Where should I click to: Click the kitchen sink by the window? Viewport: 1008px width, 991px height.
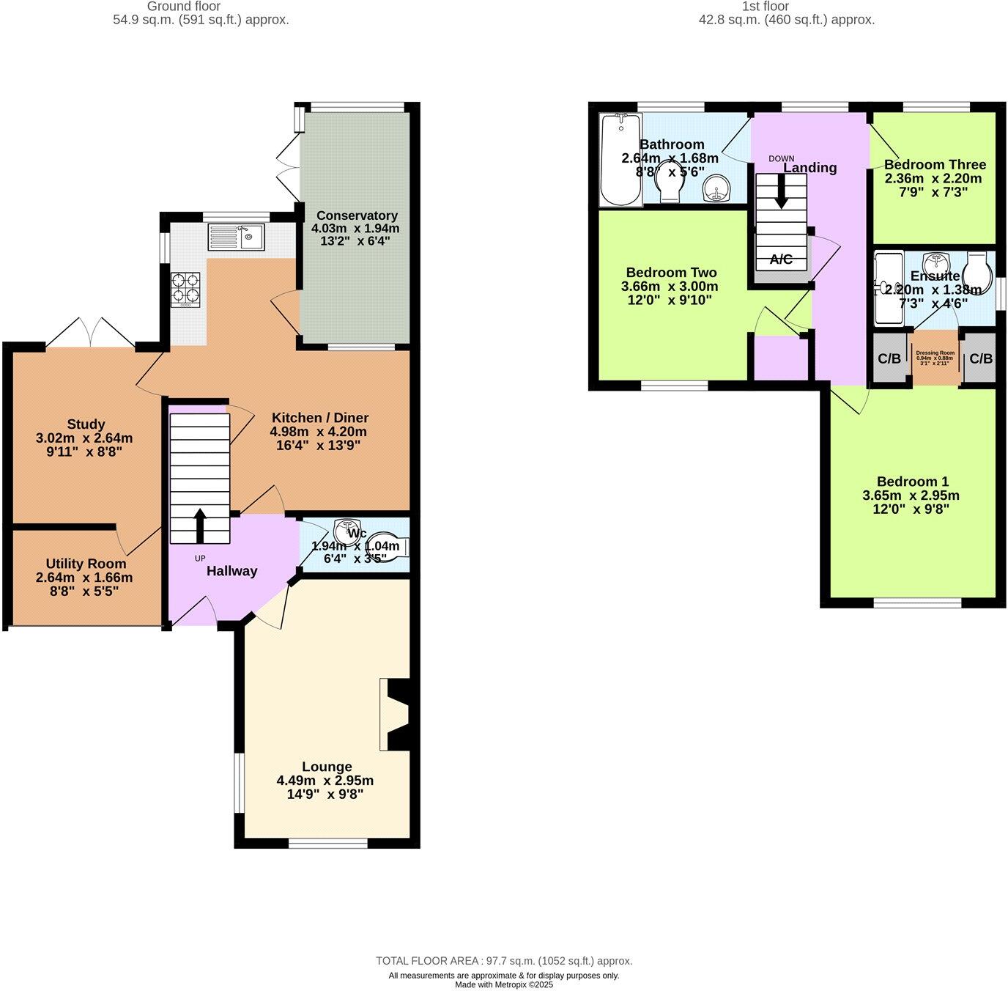236,236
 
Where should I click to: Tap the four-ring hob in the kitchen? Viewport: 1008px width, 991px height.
185,289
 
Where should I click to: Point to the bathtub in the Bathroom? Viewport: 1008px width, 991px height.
620,160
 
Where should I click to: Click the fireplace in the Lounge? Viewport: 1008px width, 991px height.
396,714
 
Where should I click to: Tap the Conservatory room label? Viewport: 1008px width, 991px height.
357,215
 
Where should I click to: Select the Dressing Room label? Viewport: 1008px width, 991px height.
935,353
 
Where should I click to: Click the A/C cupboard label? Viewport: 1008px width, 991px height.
781,259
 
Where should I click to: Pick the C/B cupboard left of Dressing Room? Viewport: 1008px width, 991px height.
889,358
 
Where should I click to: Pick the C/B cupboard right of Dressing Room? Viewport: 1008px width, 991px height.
980,358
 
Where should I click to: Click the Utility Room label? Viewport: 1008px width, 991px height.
86,564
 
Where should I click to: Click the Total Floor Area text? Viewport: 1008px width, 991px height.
504,961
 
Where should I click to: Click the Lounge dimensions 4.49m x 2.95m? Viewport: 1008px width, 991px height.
325,781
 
